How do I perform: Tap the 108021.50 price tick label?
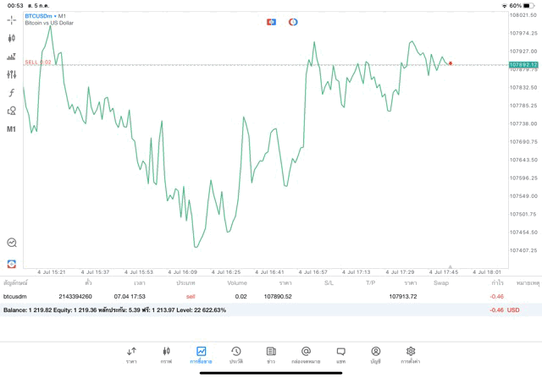point(523,15)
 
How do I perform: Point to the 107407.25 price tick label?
point(523,250)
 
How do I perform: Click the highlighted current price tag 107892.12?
point(524,64)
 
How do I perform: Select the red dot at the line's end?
point(451,63)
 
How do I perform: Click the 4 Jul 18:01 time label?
point(487,271)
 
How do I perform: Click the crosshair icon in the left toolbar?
point(12,19)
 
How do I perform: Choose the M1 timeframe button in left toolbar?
point(12,129)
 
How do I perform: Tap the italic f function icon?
point(12,92)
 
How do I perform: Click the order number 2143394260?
point(75,296)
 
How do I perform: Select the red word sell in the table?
point(191,296)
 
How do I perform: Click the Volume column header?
point(237,282)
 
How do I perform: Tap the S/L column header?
point(329,282)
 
